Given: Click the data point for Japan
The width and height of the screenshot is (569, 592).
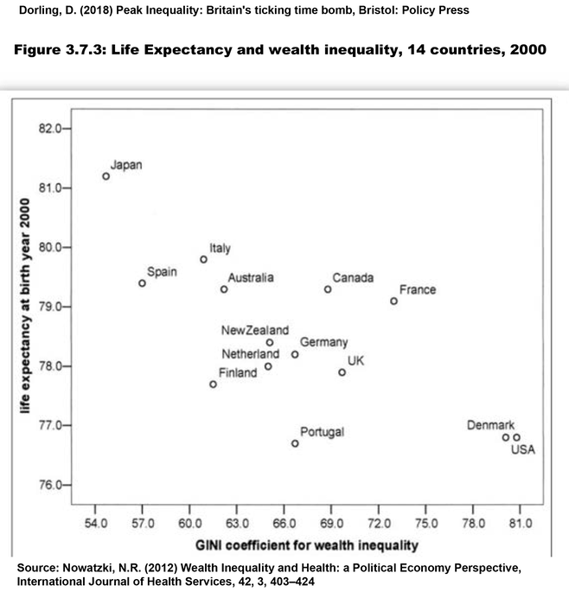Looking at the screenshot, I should pos(106,176).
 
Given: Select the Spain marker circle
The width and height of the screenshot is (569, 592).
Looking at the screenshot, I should pos(143,283).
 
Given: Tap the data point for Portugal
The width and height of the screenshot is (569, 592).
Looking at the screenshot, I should pos(295,443).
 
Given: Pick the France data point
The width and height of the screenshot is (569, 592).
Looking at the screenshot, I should pos(394,302).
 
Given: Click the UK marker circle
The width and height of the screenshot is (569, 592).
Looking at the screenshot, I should pos(342,372).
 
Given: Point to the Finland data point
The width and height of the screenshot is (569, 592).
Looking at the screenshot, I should pos(214,385).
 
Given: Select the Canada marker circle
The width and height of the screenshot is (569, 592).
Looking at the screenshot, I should pos(328,290).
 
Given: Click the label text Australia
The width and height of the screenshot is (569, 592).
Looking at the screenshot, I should pos(251,277).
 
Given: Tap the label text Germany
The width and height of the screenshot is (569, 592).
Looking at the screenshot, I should pos(324,343).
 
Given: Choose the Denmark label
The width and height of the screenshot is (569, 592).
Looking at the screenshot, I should pos(490,425).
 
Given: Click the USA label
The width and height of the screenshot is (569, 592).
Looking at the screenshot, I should pos(523,449).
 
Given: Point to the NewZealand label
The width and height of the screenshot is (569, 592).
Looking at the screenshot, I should pos(255,330).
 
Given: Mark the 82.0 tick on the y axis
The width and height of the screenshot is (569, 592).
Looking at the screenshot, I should pos(51,129).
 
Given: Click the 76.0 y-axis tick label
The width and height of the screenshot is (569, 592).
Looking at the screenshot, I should pos(51,485).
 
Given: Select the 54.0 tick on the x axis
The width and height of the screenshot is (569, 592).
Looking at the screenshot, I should pos(95,525).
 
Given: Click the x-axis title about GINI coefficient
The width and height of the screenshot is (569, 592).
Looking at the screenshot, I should pos(306,545).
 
